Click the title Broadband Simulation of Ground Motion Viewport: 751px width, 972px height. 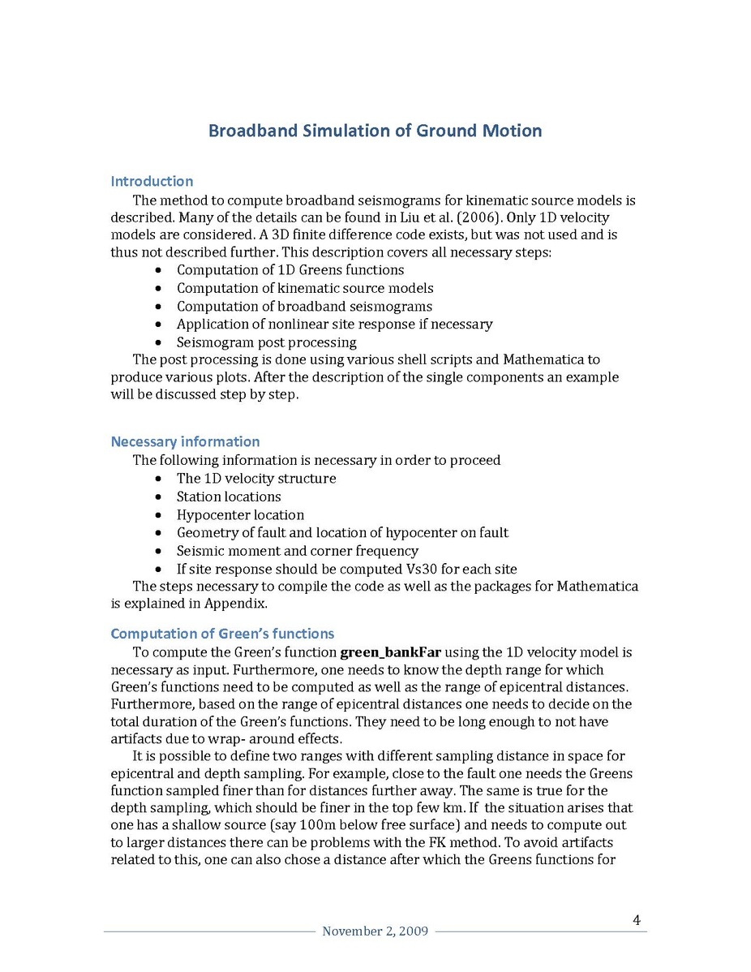(x=375, y=131)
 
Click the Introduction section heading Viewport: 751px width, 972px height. (x=152, y=181)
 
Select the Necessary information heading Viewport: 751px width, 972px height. (x=185, y=441)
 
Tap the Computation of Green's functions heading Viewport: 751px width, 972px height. (x=221, y=634)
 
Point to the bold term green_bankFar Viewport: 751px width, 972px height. (x=390, y=652)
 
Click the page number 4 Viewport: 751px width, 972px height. (x=637, y=920)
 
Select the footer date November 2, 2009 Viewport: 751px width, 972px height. (x=375, y=931)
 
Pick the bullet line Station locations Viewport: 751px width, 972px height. (x=229, y=497)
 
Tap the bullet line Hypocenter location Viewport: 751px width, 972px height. (x=240, y=515)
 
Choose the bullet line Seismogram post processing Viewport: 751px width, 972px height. (x=266, y=342)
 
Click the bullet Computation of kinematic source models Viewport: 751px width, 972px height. (x=305, y=288)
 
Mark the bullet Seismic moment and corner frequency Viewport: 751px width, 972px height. (x=298, y=551)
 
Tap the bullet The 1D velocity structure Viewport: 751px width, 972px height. (x=256, y=479)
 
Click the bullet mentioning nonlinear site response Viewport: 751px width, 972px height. (x=334, y=324)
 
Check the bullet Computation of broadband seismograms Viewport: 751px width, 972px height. (x=304, y=306)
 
